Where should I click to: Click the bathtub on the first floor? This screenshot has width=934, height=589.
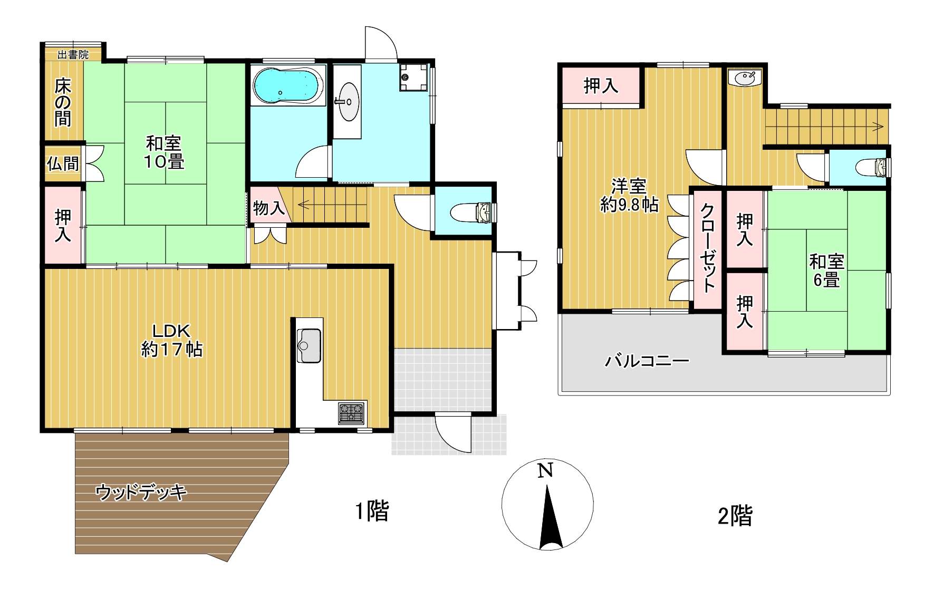point(285,86)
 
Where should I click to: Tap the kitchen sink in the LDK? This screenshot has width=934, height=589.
point(309,345)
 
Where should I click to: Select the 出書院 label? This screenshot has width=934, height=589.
point(73,54)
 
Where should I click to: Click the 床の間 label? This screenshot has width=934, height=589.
point(63,103)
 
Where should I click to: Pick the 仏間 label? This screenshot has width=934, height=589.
point(63,164)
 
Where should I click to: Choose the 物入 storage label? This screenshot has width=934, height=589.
point(269,208)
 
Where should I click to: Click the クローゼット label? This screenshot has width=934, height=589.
point(708,248)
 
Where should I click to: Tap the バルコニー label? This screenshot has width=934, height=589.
point(647,362)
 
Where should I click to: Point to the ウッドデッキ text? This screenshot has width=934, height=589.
point(141,493)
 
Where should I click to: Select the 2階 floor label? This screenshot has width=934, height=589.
point(735,516)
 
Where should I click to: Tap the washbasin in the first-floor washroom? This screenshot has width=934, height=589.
point(348,101)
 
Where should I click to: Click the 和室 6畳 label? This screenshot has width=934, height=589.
point(826,271)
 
